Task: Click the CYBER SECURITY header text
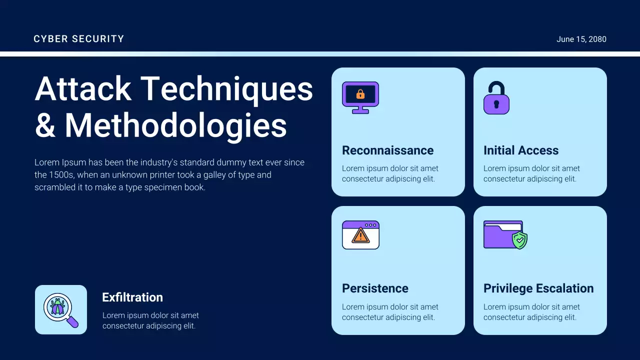click(78, 39)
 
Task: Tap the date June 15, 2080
click(581, 39)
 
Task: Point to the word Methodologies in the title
click(176, 125)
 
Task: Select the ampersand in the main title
click(45, 125)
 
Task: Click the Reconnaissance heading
click(387, 150)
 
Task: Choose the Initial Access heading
click(520, 150)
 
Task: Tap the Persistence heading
click(375, 288)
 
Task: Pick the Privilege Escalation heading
click(538, 288)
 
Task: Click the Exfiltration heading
click(132, 297)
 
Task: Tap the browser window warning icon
click(360, 235)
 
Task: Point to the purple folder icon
click(501, 235)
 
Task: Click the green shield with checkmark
click(520, 240)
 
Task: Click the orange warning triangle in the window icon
click(360, 236)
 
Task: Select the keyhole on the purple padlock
click(496, 104)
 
